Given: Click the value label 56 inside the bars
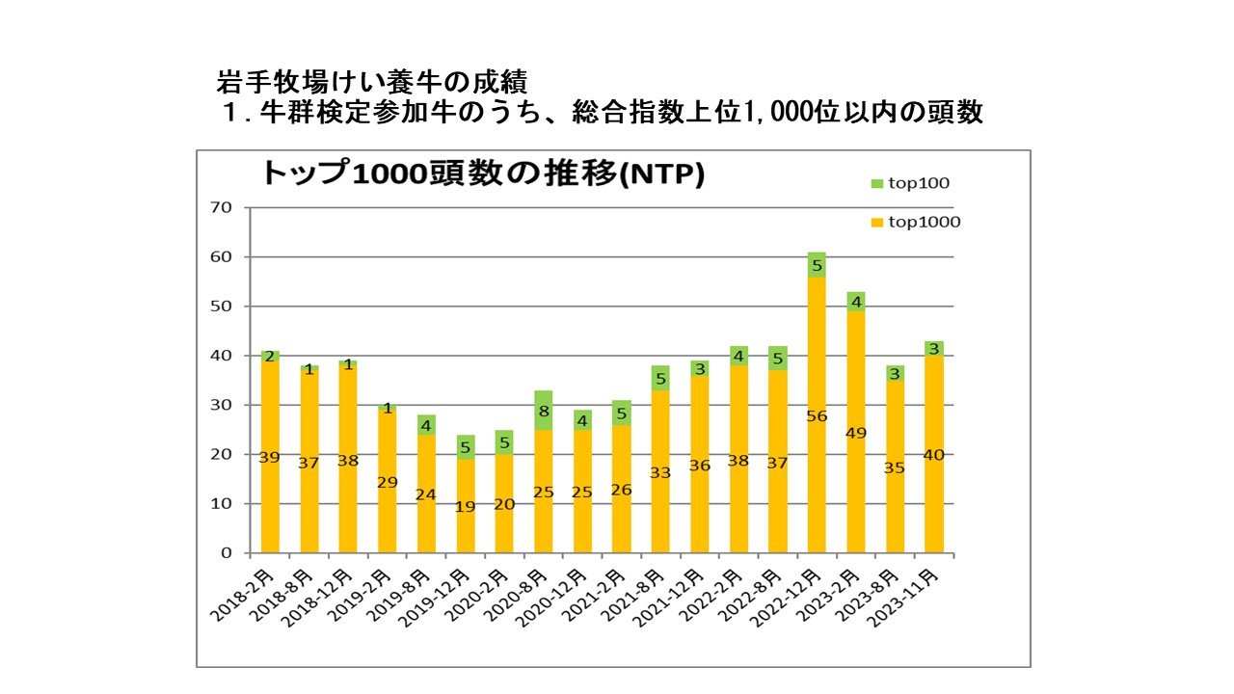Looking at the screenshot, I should (x=817, y=416).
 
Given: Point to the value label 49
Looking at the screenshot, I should (x=855, y=434).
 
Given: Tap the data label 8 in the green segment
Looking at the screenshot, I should (x=544, y=412).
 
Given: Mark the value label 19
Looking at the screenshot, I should (x=466, y=506).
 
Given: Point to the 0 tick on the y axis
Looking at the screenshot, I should (x=228, y=553).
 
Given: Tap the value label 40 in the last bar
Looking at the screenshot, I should (x=933, y=455).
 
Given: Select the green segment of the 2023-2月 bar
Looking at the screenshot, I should (x=855, y=301).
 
